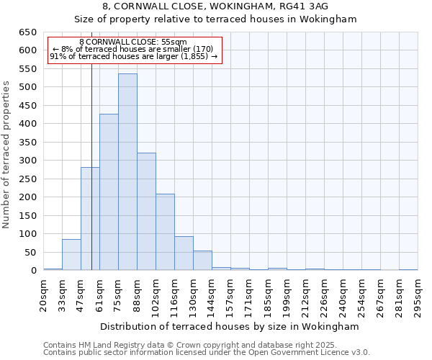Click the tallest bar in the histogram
coord(127,172)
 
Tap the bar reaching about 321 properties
coord(146,212)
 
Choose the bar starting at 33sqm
coord(71,255)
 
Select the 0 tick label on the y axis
coord(33,271)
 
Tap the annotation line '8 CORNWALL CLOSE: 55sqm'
coord(134,42)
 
